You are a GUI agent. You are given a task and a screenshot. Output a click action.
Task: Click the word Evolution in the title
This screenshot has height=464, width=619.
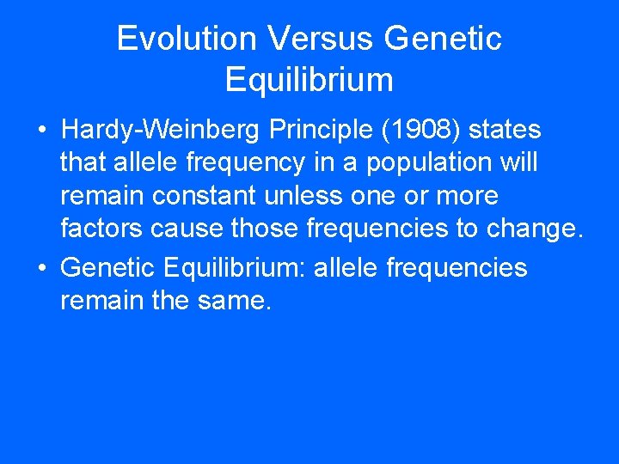click(x=187, y=39)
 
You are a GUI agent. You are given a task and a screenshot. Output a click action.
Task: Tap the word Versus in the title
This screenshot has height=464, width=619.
click(x=321, y=39)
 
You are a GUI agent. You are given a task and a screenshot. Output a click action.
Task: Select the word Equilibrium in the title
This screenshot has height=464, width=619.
click(x=309, y=80)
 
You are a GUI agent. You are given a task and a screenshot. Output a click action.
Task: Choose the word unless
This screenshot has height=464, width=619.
click(x=298, y=196)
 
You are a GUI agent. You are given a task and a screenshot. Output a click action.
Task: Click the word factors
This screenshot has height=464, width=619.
click(x=101, y=229)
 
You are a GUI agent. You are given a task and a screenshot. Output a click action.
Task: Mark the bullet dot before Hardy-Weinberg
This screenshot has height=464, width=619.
click(x=41, y=131)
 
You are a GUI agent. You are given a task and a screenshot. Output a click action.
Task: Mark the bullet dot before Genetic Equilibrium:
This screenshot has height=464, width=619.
click(x=41, y=269)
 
